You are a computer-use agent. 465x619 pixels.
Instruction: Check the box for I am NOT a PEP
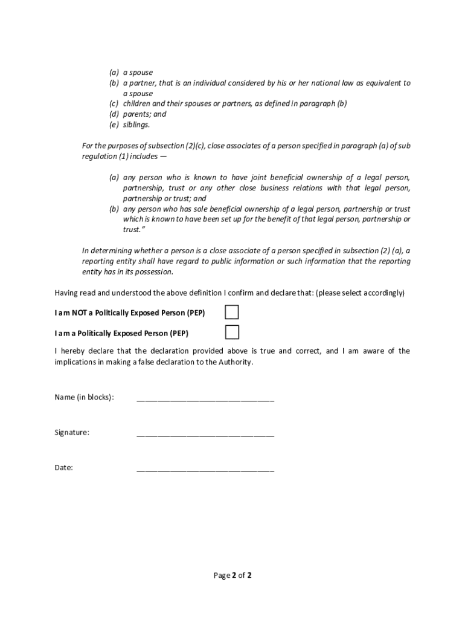pyautogui.click(x=232, y=313)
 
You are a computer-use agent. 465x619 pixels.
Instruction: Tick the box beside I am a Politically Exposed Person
pyautogui.click(x=232, y=332)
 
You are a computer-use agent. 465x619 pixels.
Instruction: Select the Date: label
pyautogui.click(x=64, y=467)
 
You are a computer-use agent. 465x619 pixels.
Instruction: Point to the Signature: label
pyautogui.click(x=72, y=432)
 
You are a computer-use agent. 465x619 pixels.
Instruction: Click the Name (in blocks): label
pyautogui.click(x=84, y=397)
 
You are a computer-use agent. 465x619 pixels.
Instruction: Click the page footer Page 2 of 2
pyautogui.click(x=232, y=575)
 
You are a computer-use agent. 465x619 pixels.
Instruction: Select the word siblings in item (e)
pyautogui.click(x=135, y=125)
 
